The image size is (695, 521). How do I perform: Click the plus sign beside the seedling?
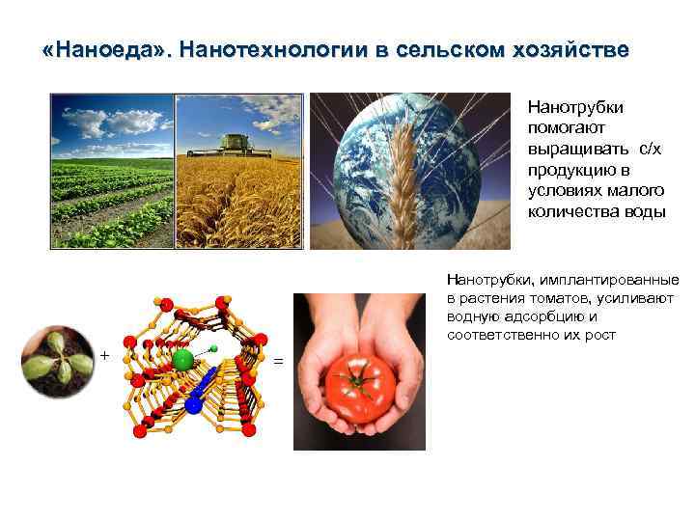pyautogui.click(x=104, y=356)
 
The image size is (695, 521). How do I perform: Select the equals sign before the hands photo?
pyautogui.click(x=279, y=361)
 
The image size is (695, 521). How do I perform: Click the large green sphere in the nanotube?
pyautogui.click(x=183, y=360)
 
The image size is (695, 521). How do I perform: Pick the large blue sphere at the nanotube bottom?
pyautogui.click(x=193, y=406)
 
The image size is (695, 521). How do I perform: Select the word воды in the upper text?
pyautogui.click(x=645, y=212)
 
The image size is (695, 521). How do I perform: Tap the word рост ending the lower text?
pyautogui.click(x=599, y=334)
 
